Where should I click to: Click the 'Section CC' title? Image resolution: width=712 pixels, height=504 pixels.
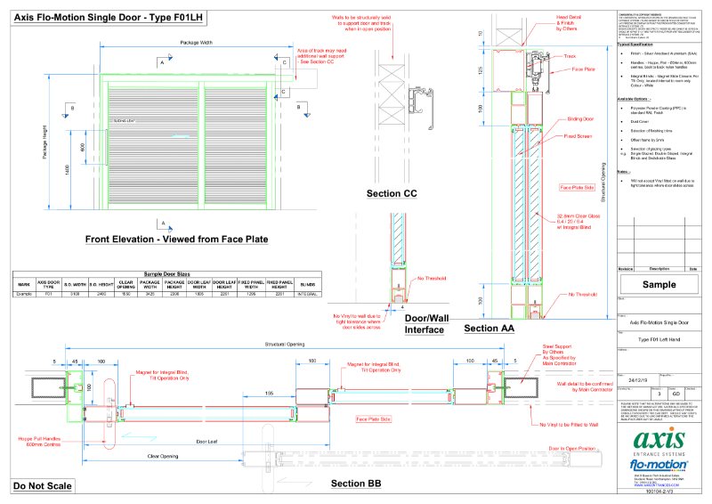pos(392,194)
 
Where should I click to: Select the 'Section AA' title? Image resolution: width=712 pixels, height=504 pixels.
pos(489,329)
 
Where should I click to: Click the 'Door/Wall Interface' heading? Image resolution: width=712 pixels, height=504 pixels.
pos(425,324)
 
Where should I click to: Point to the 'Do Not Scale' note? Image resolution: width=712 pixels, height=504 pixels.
pos(43,486)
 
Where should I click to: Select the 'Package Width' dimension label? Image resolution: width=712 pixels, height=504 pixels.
pos(196,42)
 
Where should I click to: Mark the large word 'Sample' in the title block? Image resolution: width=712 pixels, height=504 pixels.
pos(659,286)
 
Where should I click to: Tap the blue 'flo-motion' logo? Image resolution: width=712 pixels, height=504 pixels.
pos(659,465)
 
